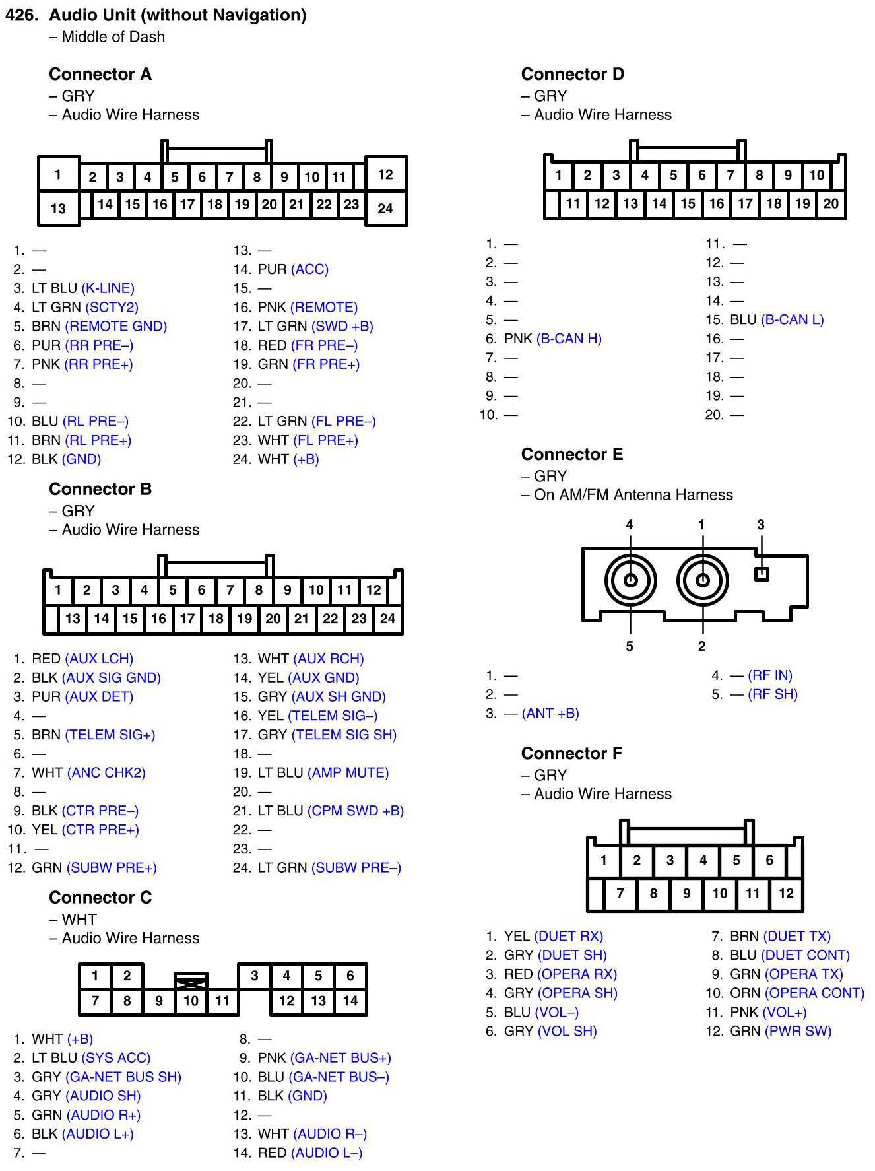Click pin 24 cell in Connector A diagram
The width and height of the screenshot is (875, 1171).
(x=385, y=209)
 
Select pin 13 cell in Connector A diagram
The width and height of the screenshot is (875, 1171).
(x=58, y=209)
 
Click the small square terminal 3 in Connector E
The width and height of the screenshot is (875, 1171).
(x=762, y=574)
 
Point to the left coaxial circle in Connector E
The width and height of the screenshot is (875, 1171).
(x=630, y=580)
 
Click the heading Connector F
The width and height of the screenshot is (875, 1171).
(x=571, y=753)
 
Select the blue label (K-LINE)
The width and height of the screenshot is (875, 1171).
(x=108, y=288)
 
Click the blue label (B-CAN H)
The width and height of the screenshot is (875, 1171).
(x=569, y=339)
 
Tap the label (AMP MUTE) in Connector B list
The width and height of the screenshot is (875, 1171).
(x=348, y=772)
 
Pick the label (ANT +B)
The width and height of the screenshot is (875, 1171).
(x=550, y=713)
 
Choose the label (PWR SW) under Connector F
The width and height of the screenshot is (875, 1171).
(x=798, y=1031)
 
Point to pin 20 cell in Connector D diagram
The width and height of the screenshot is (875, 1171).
(x=831, y=204)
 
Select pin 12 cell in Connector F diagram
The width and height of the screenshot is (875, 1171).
(x=786, y=894)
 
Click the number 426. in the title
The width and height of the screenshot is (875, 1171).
(x=22, y=15)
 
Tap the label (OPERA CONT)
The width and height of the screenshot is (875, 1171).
(x=814, y=993)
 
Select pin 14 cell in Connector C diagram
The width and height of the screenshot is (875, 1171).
(x=350, y=1001)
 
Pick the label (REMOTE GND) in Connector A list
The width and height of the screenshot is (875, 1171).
(x=115, y=326)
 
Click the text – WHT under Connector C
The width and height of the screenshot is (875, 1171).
(x=73, y=919)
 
